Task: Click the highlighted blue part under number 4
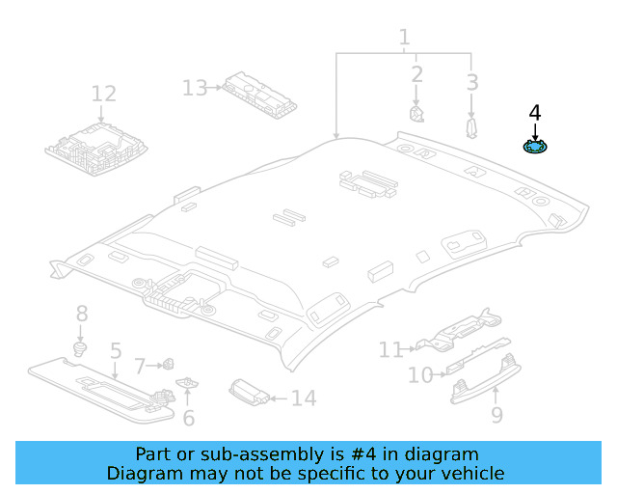coord(535,147)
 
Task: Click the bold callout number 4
coord(535,113)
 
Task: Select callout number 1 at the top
coord(404,38)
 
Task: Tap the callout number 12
coord(104,94)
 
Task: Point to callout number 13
coord(195,88)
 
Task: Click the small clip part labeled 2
coord(416,114)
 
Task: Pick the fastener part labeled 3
coord(471,128)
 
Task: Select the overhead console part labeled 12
coord(96,149)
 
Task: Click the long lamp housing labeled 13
coord(259,96)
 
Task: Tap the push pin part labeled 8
coord(80,349)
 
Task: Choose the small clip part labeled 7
coord(169,364)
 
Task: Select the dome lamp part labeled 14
coord(250,393)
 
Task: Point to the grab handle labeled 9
coord(486,379)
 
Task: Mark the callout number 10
coord(420,375)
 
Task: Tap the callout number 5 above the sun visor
coord(116,350)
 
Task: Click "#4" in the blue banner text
coord(363,454)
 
